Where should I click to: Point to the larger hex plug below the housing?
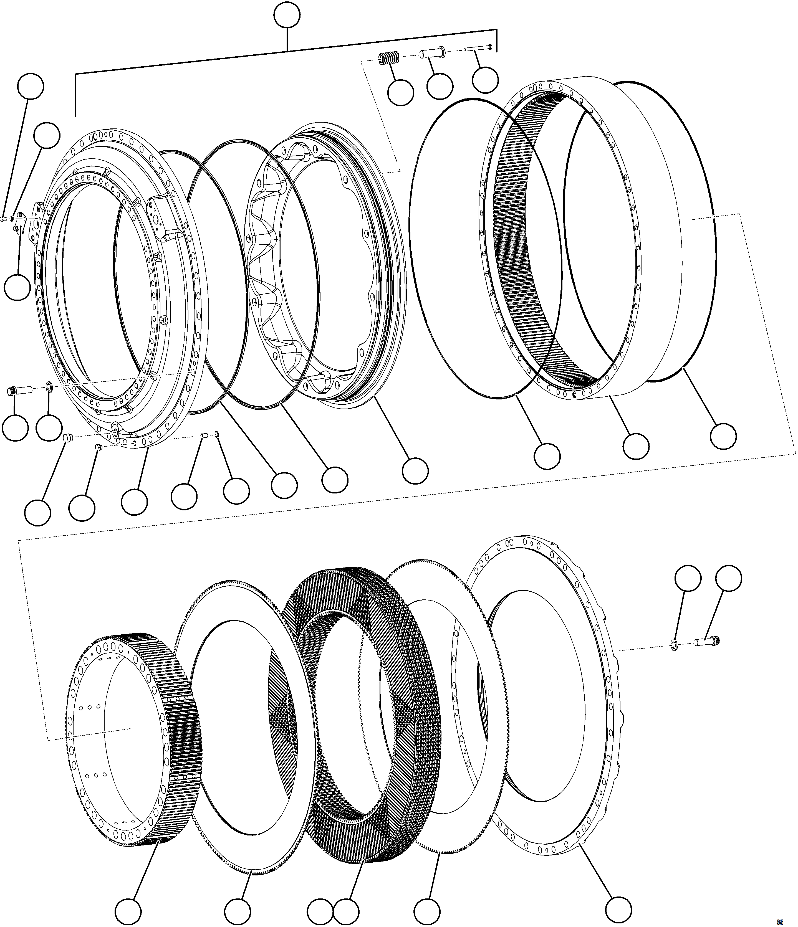coord(68,437)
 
